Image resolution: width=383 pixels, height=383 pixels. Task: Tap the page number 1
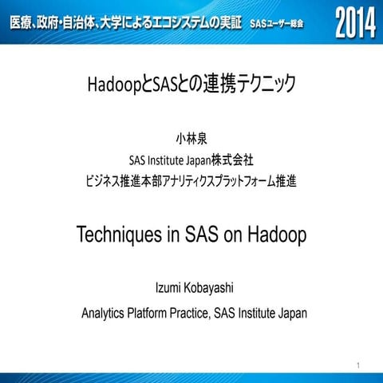(x=360, y=365)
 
